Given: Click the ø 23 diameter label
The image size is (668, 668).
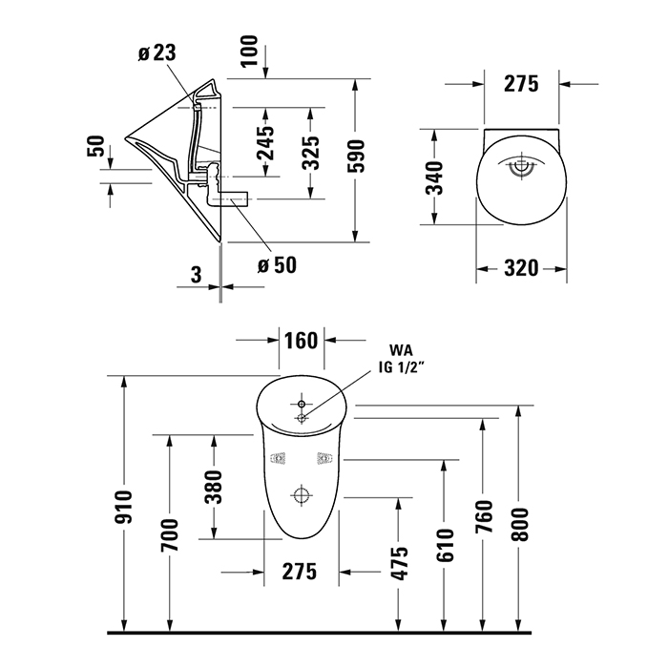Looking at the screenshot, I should click(156, 53).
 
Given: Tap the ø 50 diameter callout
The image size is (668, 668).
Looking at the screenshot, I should click(277, 264).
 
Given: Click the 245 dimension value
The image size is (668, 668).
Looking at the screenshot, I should click(265, 144).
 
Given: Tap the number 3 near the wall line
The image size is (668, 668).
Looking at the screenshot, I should click(195, 276).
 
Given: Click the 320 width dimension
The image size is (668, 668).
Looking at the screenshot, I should click(522, 269).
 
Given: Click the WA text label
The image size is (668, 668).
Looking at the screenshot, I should click(399, 350).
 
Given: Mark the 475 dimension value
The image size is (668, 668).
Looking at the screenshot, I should click(400, 564).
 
